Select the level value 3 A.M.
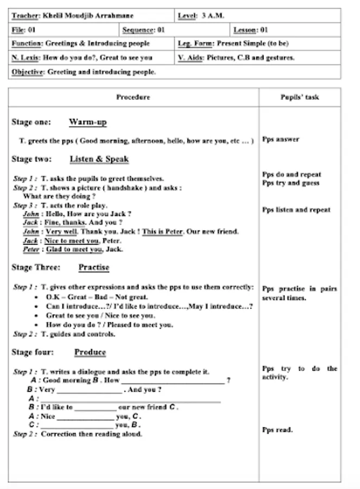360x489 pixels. pyautogui.click(x=212, y=16)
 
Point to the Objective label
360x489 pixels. pyautogui.click(x=28, y=72)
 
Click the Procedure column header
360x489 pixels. pyautogui.click(x=133, y=97)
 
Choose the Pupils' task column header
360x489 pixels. pyautogui.click(x=299, y=97)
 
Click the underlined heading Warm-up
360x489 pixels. pyautogui.click(x=87, y=122)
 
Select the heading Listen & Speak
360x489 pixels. pyautogui.click(x=99, y=159)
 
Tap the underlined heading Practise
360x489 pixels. pyautogui.click(x=93, y=267)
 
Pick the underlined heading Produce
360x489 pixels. pyautogui.click(x=90, y=352)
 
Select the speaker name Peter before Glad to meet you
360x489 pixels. pyautogui.click(x=31, y=249)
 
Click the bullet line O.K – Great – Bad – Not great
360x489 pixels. pyautogui.click(x=97, y=297)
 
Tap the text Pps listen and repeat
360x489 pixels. pyautogui.click(x=296, y=210)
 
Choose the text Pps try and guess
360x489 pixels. pyautogui.click(x=290, y=183)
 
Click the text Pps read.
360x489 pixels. pyautogui.click(x=277, y=430)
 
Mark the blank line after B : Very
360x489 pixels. pyautogui.click(x=90, y=390)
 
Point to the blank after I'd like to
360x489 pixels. pyautogui.click(x=95, y=407)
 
